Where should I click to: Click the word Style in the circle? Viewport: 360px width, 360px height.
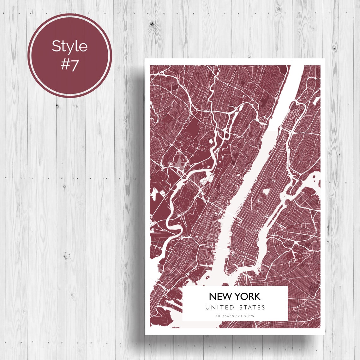69,46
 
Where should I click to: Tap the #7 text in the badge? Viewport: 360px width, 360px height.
69,64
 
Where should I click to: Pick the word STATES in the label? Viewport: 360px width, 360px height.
252,307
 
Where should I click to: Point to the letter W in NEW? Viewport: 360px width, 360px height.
225,296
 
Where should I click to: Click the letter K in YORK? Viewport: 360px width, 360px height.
257,296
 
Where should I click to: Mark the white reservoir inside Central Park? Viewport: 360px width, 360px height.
266,191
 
